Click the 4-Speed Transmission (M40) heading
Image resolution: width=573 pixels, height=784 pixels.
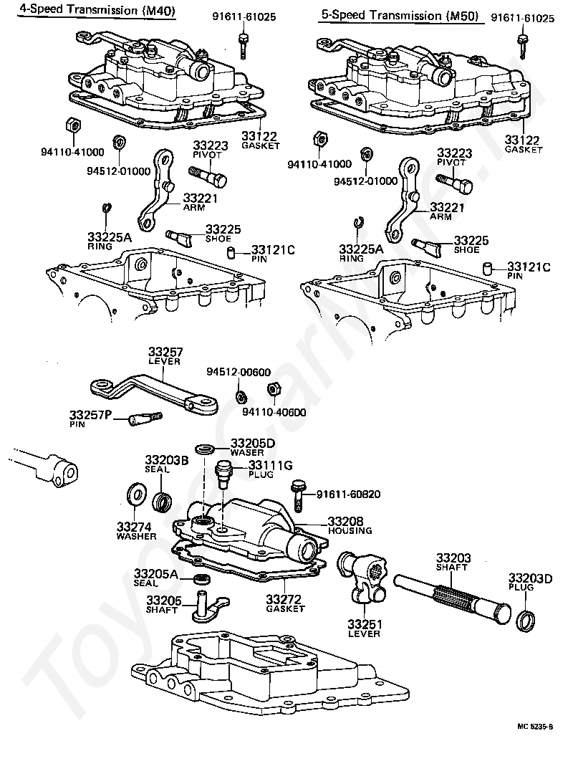tap(97, 10)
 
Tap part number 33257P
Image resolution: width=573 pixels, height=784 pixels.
tap(90, 415)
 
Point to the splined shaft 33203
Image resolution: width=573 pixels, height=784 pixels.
tap(452, 598)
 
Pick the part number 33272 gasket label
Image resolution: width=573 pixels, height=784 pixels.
tap(284, 599)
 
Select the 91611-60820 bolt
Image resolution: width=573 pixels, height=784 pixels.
tap(298, 496)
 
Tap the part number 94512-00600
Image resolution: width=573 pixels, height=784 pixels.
tap(239, 372)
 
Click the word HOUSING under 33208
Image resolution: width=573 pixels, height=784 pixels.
tap(350, 530)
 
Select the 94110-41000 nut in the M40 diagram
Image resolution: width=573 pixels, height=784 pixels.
tap(74, 127)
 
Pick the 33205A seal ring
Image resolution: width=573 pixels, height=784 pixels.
tap(202, 579)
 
